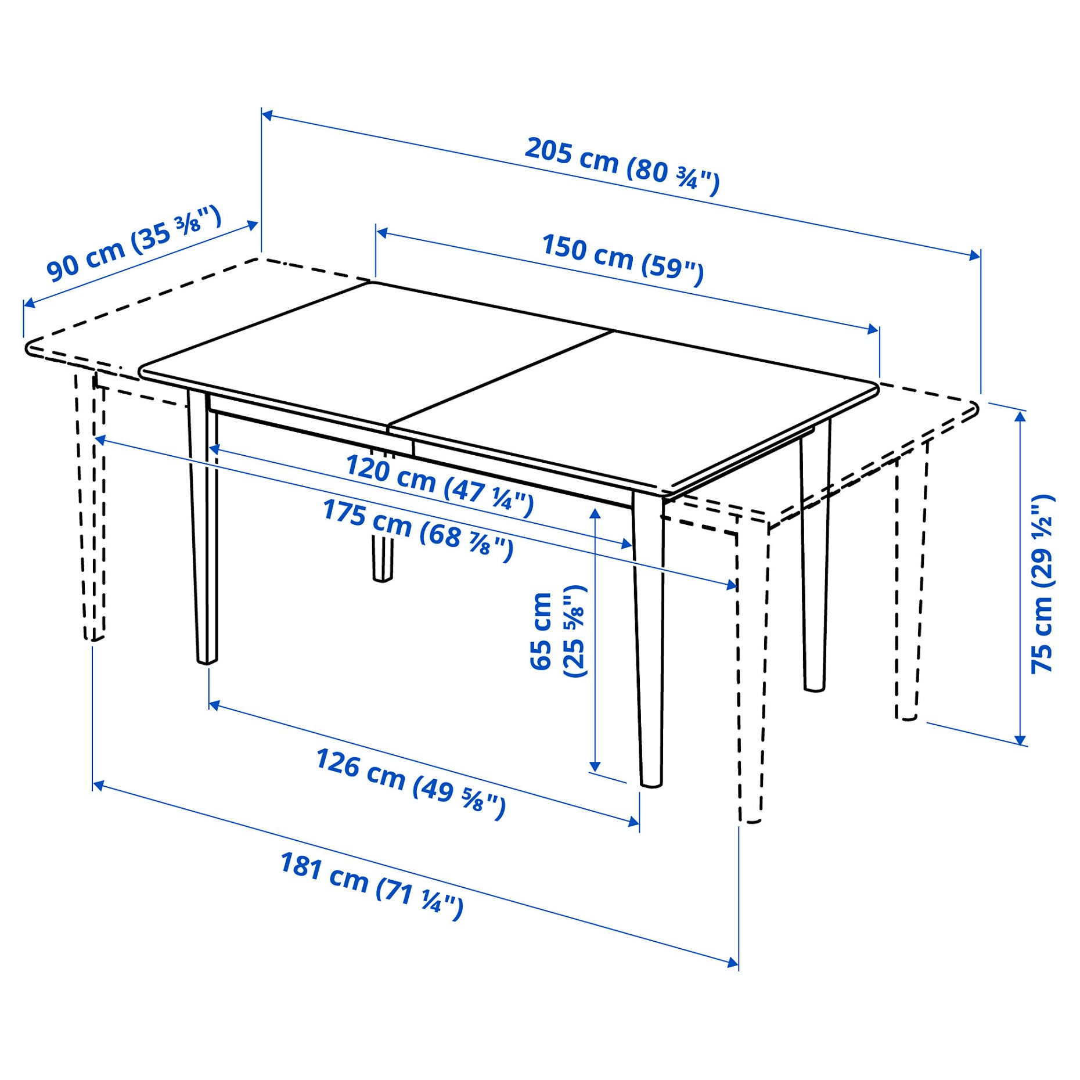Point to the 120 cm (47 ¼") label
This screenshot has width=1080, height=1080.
(439, 485)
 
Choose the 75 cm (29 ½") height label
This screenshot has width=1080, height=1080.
(1042, 584)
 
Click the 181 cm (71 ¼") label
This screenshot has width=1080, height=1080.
(372, 885)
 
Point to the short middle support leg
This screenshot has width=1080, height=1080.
(382, 557)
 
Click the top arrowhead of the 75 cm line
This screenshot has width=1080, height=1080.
(1020, 415)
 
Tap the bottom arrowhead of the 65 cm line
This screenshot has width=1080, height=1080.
(595, 766)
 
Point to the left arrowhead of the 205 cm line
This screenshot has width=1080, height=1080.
(268, 115)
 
